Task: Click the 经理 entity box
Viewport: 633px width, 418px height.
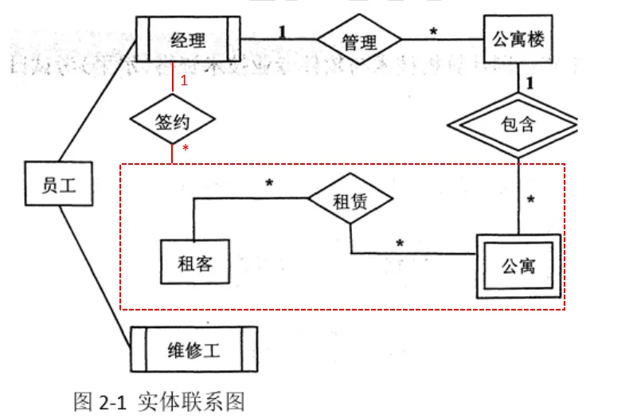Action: tap(188, 39)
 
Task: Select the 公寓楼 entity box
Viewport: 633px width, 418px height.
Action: tap(518, 39)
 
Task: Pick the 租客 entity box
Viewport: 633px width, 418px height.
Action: tap(193, 260)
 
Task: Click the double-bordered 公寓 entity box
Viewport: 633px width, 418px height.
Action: tap(518, 265)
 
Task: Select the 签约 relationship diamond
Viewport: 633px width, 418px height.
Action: tap(173, 122)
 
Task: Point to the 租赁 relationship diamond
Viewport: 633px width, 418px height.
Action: tap(350, 201)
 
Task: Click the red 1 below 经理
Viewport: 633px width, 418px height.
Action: tap(184, 80)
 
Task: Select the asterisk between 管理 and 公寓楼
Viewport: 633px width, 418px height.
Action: tap(433, 32)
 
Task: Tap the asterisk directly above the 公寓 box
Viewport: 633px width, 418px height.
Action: tap(530, 199)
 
